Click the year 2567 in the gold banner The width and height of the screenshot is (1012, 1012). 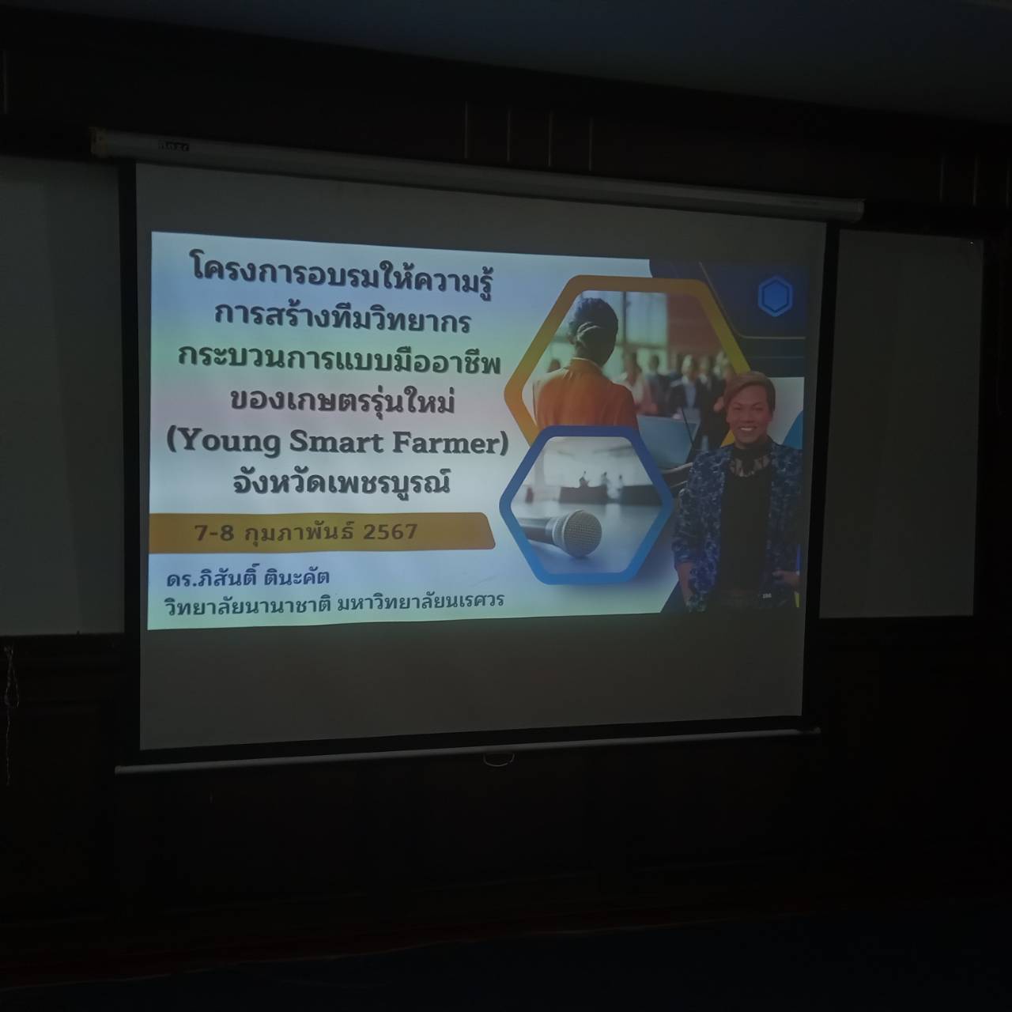coord(390,532)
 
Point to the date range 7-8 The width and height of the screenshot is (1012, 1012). coord(213,533)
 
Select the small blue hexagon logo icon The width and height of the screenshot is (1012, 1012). coord(775,296)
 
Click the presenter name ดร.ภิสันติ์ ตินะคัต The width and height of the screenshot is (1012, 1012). coord(247,578)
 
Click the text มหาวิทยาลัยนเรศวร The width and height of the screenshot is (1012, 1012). coord(420,601)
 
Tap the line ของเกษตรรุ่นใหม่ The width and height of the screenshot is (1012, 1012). coord(342,401)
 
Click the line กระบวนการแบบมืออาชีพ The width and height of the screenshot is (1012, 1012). coord(340,362)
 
